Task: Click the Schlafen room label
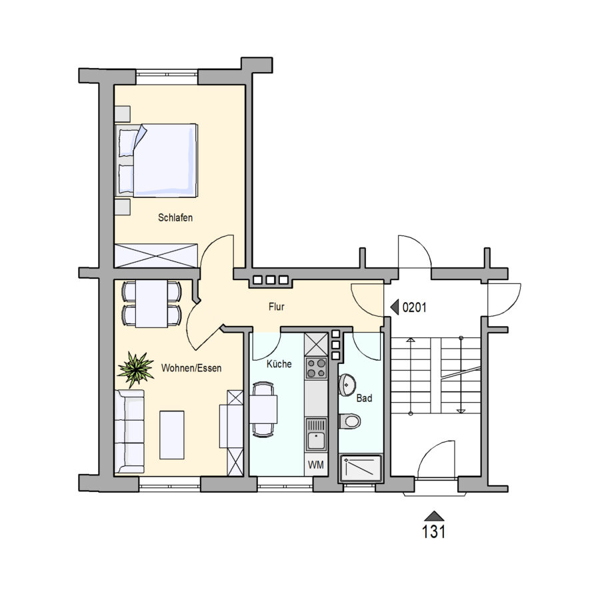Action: [175, 218]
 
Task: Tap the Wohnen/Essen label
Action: [191, 368]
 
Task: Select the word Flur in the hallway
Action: [276, 307]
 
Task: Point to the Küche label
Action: [279, 364]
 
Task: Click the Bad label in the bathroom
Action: [364, 399]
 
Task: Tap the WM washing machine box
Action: [316, 465]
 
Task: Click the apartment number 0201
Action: [415, 307]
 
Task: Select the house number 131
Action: [433, 532]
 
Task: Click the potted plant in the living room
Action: [136, 369]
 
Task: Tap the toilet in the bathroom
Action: [349, 421]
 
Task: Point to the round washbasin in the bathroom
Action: [347, 385]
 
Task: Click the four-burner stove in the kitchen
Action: [316, 368]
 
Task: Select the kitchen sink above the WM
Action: [316, 435]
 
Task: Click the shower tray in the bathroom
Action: [361, 469]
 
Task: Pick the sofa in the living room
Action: [129, 431]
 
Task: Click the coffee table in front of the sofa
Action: [172, 435]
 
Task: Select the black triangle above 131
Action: [433, 516]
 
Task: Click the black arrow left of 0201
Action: [395, 307]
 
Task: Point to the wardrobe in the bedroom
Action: [157, 255]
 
